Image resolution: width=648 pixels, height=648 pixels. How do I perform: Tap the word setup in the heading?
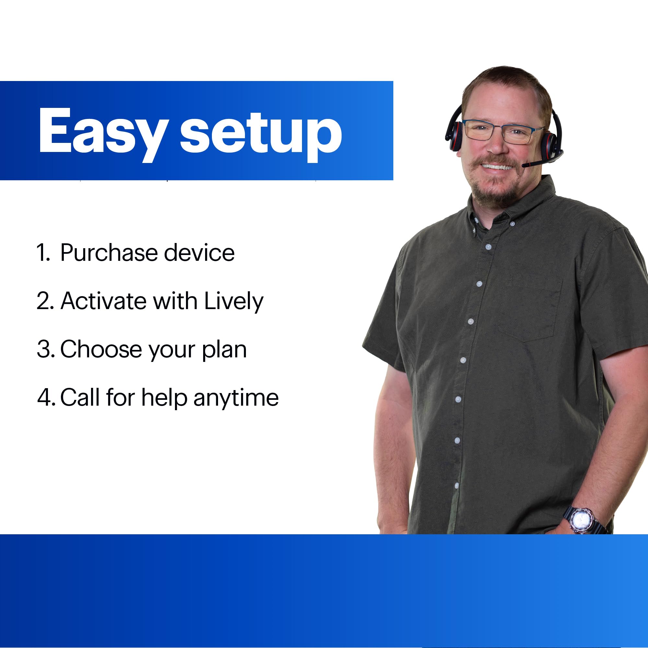(x=261, y=135)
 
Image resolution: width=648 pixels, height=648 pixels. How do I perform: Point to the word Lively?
(x=234, y=302)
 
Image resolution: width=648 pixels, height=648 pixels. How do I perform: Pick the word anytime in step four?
(x=236, y=399)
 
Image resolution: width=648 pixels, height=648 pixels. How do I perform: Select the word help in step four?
(x=164, y=398)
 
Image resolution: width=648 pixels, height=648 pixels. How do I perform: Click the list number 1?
(x=43, y=252)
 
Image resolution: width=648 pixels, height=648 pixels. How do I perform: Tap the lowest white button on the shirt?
(x=457, y=485)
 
